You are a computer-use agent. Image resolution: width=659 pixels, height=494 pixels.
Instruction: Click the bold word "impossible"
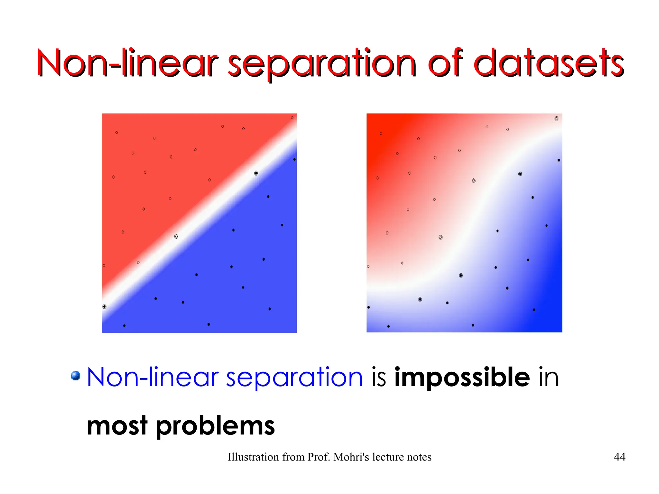coord(462,377)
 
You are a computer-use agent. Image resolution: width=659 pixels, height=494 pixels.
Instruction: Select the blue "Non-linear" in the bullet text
coord(153,377)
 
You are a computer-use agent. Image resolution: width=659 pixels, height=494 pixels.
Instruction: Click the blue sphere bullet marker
coord(76,376)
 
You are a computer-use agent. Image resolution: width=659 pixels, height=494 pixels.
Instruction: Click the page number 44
coord(619,457)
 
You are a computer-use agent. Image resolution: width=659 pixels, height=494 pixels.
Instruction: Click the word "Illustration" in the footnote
coord(253,457)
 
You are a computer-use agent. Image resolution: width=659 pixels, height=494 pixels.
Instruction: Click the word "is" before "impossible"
coord(379,377)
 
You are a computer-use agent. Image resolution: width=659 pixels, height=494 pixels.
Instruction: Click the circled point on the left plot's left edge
coord(104,307)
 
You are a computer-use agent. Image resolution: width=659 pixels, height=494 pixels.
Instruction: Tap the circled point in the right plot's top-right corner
coord(556,119)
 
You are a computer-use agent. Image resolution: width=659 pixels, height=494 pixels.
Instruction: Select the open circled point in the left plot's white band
coord(176,237)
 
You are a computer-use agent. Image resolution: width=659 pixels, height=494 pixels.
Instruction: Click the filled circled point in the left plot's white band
coord(256,173)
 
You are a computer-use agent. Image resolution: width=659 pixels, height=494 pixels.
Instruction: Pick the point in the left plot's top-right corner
coord(292,118)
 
